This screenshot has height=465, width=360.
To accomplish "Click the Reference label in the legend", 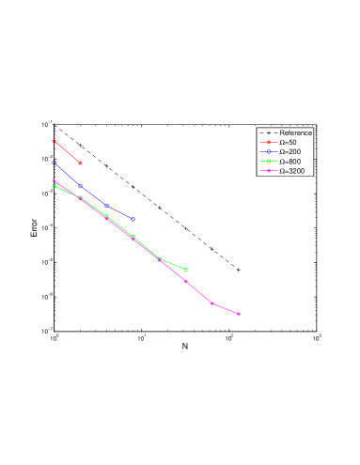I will point(295,132).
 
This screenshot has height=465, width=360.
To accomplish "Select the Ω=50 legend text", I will point(289,142).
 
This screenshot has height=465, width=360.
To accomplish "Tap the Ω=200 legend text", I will point(290,151).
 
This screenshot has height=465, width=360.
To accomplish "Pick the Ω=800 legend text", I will point(290,162).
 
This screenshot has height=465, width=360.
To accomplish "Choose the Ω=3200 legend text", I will point(292,171).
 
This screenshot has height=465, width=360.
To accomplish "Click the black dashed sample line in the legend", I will point(268,132).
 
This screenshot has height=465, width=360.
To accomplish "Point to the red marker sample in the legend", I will point(268,142).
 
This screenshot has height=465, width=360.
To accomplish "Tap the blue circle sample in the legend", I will point(268,151).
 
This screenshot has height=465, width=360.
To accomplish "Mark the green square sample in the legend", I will point(268,162).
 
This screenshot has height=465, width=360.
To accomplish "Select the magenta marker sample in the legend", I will point(268,171).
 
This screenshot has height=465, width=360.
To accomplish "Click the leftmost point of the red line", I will point(55,140).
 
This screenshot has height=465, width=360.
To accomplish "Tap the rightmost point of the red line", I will point(81,163).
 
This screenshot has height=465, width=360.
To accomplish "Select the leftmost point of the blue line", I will point(55,163).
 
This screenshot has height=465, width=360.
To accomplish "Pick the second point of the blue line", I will point(81,186).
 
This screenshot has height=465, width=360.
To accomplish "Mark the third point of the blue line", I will point(107,206).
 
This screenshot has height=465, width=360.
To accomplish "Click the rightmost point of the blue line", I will point(133,219).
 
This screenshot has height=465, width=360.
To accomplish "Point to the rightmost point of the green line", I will point(186,270).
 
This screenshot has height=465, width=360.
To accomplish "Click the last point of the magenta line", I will point(239,314).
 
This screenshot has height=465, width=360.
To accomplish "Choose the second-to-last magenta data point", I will point(212,303).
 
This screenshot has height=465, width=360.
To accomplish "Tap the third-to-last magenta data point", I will point(186,281).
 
